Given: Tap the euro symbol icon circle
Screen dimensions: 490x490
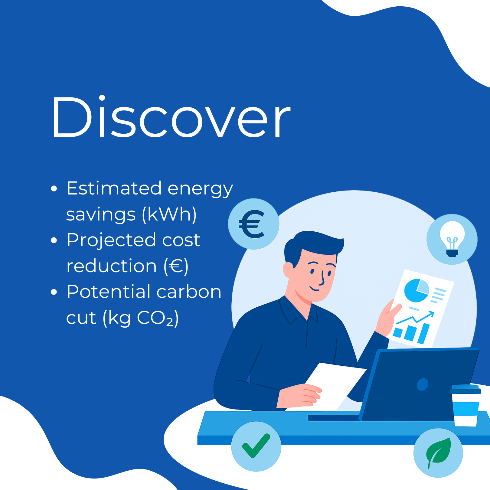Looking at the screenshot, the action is coord(253,224).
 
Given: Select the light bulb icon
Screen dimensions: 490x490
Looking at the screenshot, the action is coord(452,239).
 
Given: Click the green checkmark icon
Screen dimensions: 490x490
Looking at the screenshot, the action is coord(256,446).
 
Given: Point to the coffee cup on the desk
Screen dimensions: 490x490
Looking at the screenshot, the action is coord(465,405).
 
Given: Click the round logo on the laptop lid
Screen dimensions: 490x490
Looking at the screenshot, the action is coord(422,384).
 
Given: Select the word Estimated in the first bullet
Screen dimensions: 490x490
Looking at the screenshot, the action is coord(114,188).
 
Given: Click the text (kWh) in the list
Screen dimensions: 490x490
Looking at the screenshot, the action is coord(169,215).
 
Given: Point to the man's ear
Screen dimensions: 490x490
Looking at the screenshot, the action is coord(288,270).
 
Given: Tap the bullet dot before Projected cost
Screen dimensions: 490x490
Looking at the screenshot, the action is coord(54,240).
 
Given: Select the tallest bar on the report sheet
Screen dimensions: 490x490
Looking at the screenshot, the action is coord(423,334).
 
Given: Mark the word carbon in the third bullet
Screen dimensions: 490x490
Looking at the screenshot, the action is coord(189,292).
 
